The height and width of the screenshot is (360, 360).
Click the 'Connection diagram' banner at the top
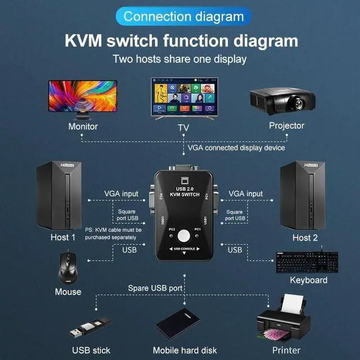tap(179, 16)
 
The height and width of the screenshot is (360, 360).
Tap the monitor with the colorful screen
tap(83, 97)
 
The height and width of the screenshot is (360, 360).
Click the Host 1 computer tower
tap(59, 195)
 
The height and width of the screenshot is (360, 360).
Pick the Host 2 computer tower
tap(303, 195)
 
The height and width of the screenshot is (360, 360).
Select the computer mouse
tap(67, 268)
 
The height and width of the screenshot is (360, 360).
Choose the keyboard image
tap(308, 262)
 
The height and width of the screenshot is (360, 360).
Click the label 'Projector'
tap(286, 126)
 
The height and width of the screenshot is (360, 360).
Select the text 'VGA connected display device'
tap(236, 147)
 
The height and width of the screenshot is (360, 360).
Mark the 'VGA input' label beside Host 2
tap(245, 193)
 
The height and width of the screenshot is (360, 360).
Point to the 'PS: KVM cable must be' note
tap(113, 230)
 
